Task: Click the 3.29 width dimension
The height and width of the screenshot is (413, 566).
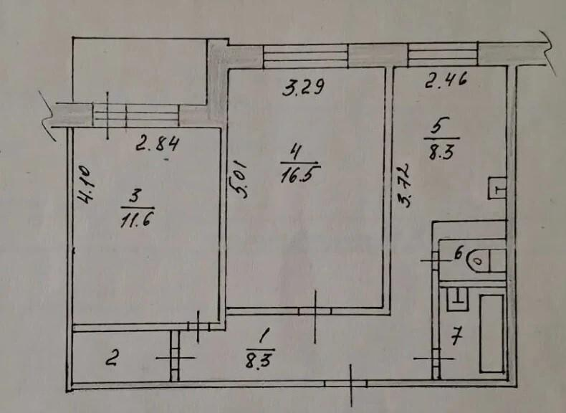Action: [x=304, y=87]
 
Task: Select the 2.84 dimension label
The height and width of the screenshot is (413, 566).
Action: [x=157, y=145]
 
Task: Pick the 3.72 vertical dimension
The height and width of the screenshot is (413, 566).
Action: [x=403, y=185]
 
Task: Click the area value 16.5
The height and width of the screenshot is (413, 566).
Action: [x=299, y=176]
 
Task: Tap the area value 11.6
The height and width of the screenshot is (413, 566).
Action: [x=137, y=219]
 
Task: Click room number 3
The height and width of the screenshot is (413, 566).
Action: [x=133, y=198]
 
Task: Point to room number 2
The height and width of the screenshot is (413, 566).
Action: [x=112, y=359]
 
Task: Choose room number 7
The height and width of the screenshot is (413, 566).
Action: [x=456, y=338]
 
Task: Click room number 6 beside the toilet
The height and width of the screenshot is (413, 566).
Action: [x=459, y=254]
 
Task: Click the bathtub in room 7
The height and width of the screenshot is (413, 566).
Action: [x=491, y=333]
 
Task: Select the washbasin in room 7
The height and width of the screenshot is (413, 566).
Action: [x=458, y=299]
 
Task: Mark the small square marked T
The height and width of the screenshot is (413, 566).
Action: [x=497, y=188]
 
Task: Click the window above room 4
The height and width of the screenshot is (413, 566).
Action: [x=305, y=57]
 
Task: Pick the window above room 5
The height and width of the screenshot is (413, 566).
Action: [x=443, y=54]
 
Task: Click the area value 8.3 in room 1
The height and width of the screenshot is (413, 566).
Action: [x=260, y=359]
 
